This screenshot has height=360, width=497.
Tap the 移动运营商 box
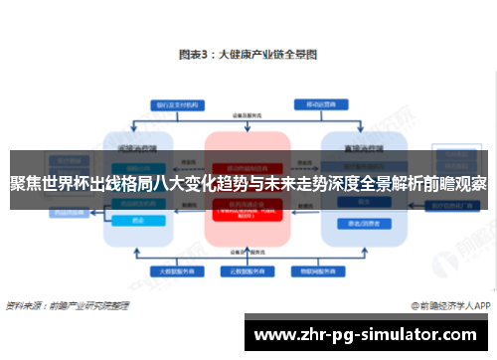(x=320, y=102)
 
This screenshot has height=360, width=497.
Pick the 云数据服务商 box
(x=248, y=270)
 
